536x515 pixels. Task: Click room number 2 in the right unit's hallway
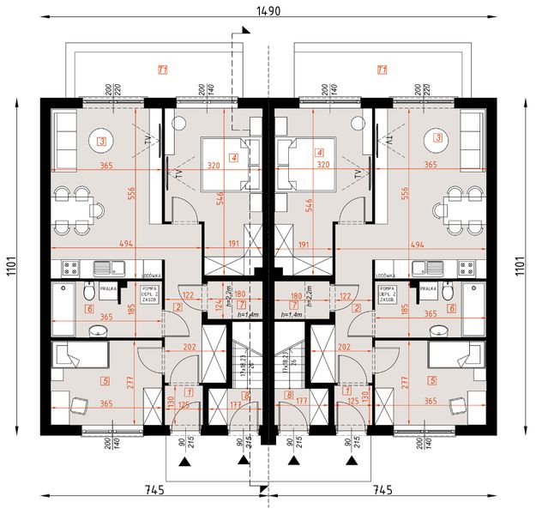(358, 306)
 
